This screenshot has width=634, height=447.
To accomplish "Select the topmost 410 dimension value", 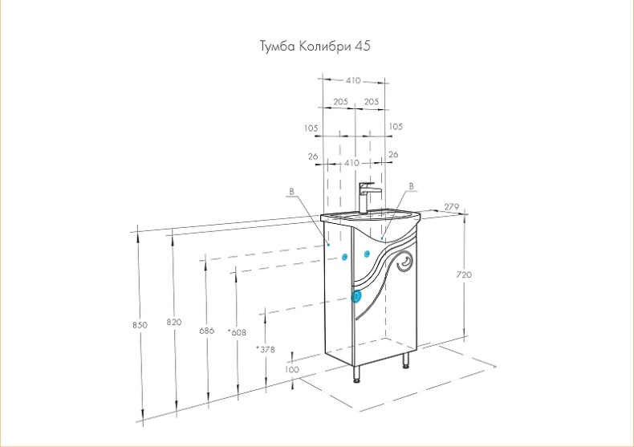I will pos(353,80).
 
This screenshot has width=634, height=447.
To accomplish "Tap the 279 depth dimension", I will pos(451,208).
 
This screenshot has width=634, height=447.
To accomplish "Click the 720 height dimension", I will pos(465,274).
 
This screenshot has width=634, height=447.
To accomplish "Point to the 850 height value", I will pos(140,325).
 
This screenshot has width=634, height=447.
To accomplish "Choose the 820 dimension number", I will pos(173,322).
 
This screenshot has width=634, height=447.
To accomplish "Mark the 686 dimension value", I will pos(207,331).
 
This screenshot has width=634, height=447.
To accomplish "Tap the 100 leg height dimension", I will pos(292,369).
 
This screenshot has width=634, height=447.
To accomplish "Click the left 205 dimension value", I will pos(340,102).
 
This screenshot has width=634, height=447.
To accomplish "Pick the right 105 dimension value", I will pos(396,128).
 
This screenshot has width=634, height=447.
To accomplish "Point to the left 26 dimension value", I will pos(313,155).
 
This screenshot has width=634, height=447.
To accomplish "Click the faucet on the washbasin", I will pos(368,196).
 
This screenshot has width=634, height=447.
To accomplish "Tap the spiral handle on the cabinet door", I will pos(407,261).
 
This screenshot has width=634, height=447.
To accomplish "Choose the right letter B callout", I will pos(412,186).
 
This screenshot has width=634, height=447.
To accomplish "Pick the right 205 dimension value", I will pos(372,102).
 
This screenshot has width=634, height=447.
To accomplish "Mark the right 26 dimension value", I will pos(393,154).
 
